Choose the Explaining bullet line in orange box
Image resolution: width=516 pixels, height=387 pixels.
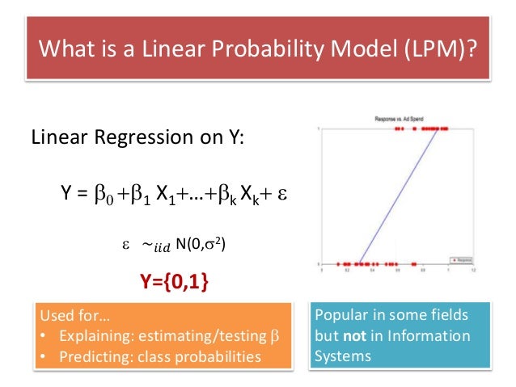(x=159, y=335)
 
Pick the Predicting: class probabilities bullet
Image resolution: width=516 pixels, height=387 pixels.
(x=150, y=355)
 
